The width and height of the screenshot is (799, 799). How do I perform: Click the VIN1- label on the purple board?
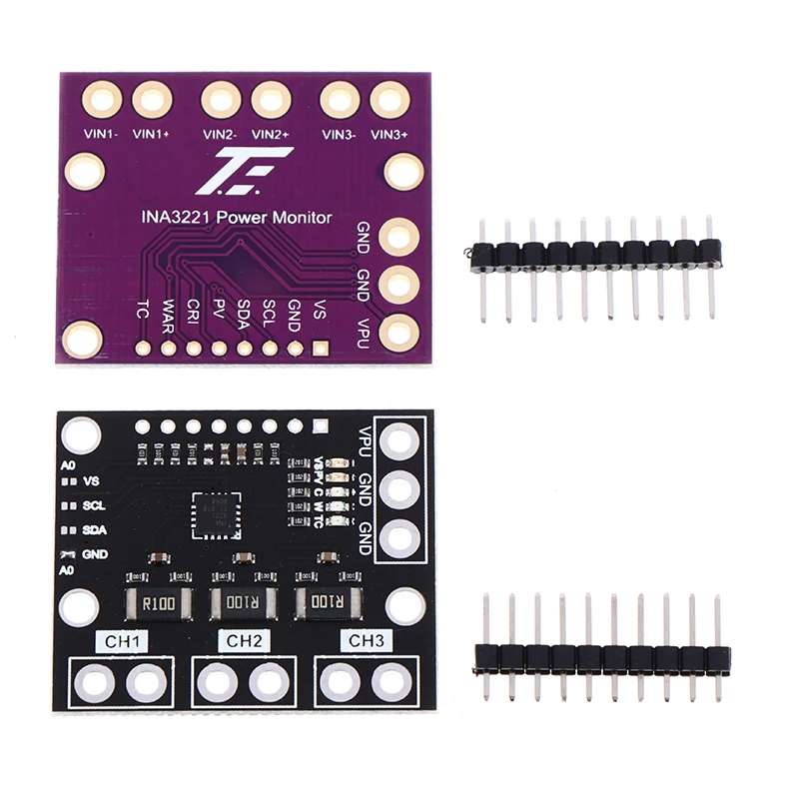coord(100,134)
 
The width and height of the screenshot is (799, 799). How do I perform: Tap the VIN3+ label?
coord(390,134)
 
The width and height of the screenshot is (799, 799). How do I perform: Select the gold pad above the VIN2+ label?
coord(271,100)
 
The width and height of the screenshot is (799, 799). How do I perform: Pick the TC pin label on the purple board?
coord(143,313)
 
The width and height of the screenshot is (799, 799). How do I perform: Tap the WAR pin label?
coord(168,315)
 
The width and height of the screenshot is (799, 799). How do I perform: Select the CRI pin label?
coord(194,313)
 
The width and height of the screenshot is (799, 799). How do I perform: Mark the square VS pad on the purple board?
coord(321,349)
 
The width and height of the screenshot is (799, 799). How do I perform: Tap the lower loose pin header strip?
coord(602,657)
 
